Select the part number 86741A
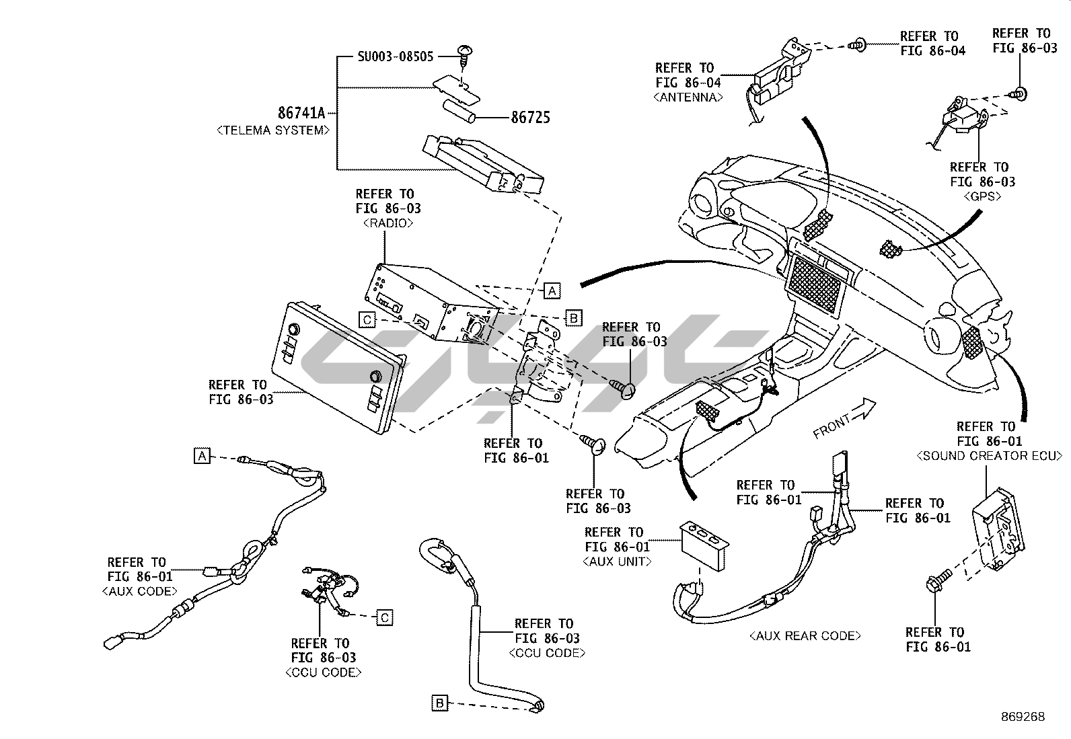[301, 113]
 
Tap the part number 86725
[530, 118]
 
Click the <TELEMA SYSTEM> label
[273, 130]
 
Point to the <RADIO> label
[386, 223]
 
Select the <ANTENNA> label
[688, 97]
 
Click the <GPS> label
[983, 196]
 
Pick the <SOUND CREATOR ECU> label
[989, 456]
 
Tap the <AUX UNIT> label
[617, 561]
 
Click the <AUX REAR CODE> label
[805, 635]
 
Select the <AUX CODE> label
[140, 591]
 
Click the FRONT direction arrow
[864, 409]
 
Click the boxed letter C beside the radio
[367, 319]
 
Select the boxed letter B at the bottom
[440, 703]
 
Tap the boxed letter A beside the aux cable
[202, 456]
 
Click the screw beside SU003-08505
[464, 52]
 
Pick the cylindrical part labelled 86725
[459, 112]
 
